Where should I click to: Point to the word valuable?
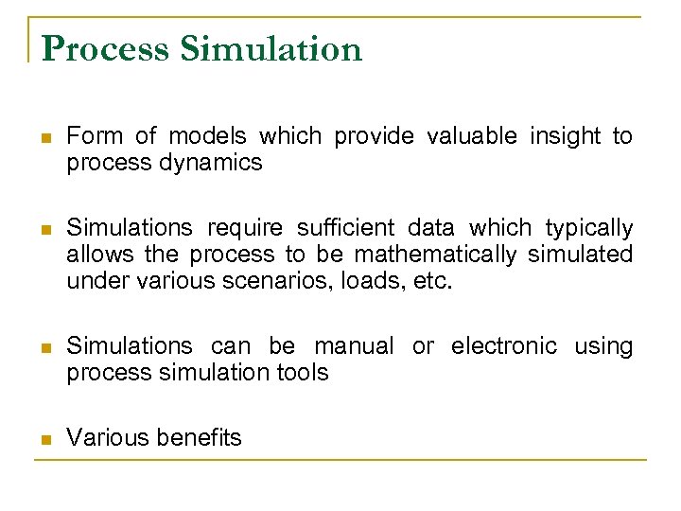click(x=471, y=136)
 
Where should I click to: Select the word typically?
click(x=589, y=228)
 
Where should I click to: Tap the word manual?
click(x=354, y=346)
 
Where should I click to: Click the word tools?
click(x=304, y=373)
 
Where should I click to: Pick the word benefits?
click(x=199, y=438)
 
